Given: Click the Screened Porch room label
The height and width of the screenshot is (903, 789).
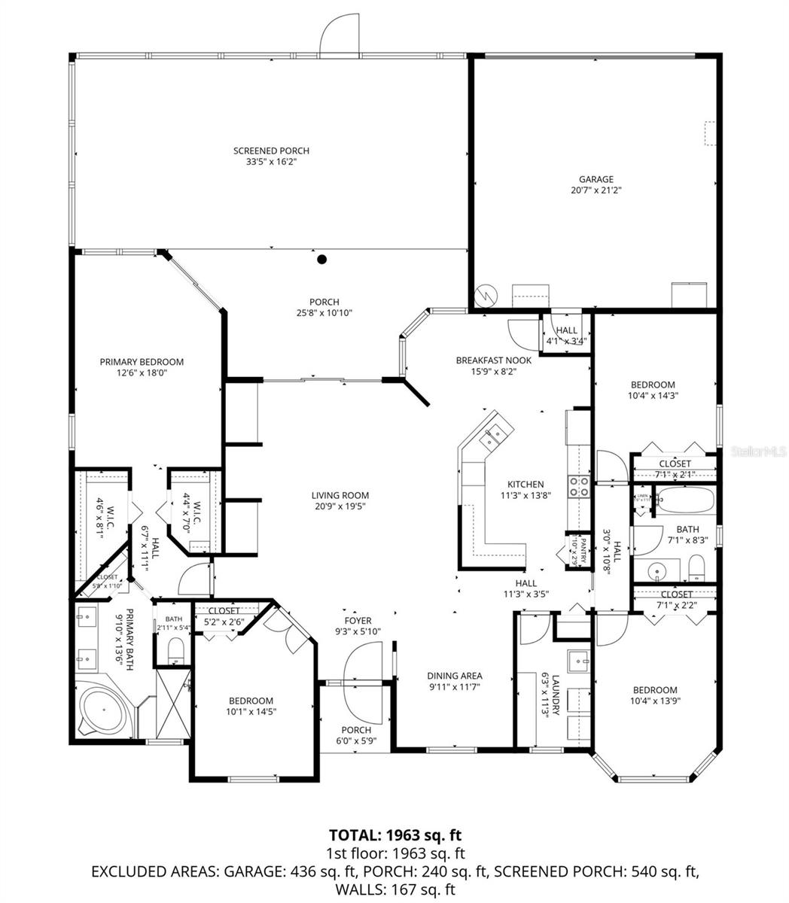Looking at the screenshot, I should (271, 150).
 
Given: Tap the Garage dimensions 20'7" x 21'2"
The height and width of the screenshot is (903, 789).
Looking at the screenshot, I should (596, 190).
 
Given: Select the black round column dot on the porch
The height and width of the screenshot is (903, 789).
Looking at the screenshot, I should (322, 260).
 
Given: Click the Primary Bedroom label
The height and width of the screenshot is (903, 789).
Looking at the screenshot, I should (142, 362).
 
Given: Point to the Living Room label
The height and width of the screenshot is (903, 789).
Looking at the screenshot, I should (340, 495).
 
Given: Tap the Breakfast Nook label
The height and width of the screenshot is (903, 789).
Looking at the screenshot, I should (493, 360).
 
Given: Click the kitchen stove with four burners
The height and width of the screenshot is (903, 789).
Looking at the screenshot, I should (578, 486).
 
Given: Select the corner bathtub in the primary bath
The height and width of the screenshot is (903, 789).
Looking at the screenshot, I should (105, 711).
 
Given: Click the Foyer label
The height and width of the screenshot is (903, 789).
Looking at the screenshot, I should (358, 621).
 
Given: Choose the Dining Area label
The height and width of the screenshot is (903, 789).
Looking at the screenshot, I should (454, 676).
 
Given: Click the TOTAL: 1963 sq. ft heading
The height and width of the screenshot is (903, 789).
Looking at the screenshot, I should (394, 835).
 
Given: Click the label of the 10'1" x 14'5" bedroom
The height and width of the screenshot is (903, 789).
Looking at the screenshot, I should (250, 701).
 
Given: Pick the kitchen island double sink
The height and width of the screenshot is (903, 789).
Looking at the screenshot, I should (498, 433).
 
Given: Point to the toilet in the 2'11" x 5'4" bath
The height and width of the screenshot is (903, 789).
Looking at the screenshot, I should (175, 649).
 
